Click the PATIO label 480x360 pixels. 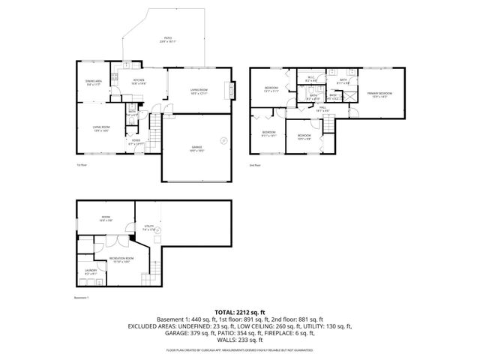[168, 40]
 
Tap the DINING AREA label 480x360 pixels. [94, 84]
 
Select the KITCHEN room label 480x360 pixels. [139, 81]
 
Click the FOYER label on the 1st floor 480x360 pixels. [136, 141]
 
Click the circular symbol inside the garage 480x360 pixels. [223, 140]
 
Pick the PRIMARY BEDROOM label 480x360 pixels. [379, 94]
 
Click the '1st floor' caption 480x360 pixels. [82, 164]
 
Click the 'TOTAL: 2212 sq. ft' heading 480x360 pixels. [240, 310]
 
